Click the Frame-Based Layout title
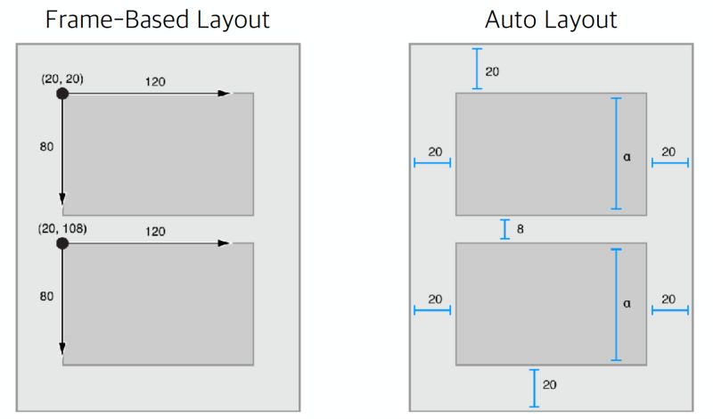[x=158, y=20]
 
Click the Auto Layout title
[x=551, y=20]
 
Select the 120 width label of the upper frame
[x=154, y=81]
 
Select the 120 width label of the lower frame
[x=154, y=230]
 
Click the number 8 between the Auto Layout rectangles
[x=520, y=229]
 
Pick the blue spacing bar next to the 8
[x=505, y=229]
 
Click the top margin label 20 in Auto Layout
[x=492, y=70]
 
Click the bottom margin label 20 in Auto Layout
[x=549, y=384]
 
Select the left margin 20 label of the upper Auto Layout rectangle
[x=434, y=152]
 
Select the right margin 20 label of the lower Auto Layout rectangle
[x=668, y=299]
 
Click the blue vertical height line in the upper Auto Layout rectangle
[x=615, y=153]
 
